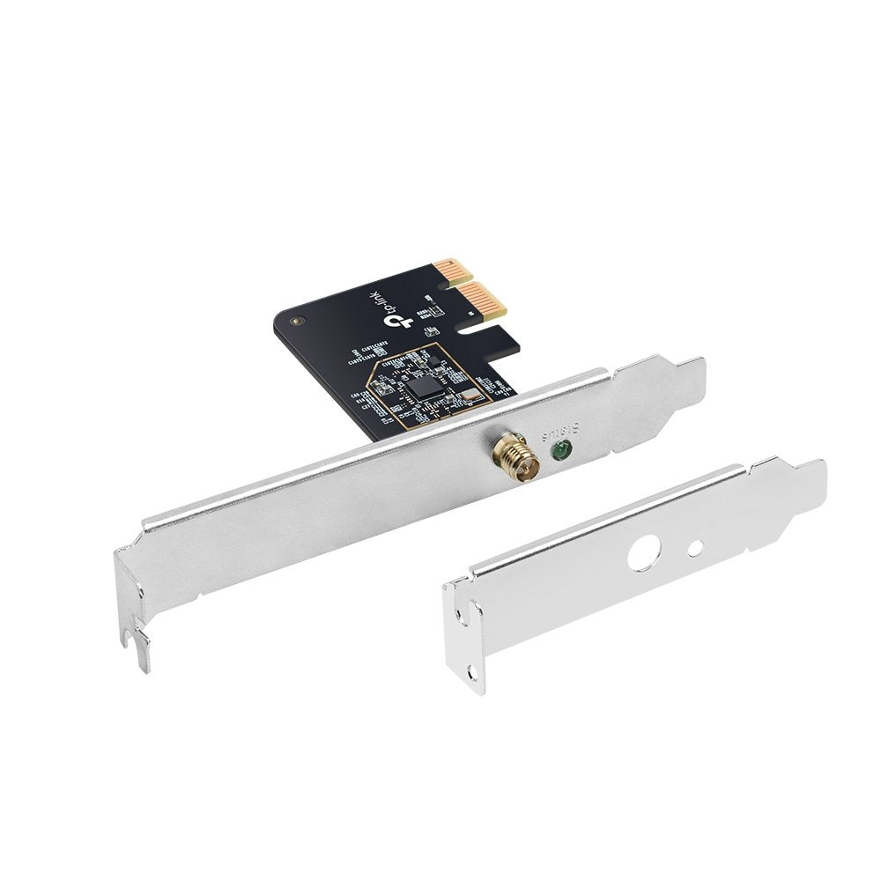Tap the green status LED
(x=557, y=452)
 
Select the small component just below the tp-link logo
(x=431, y=332)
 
